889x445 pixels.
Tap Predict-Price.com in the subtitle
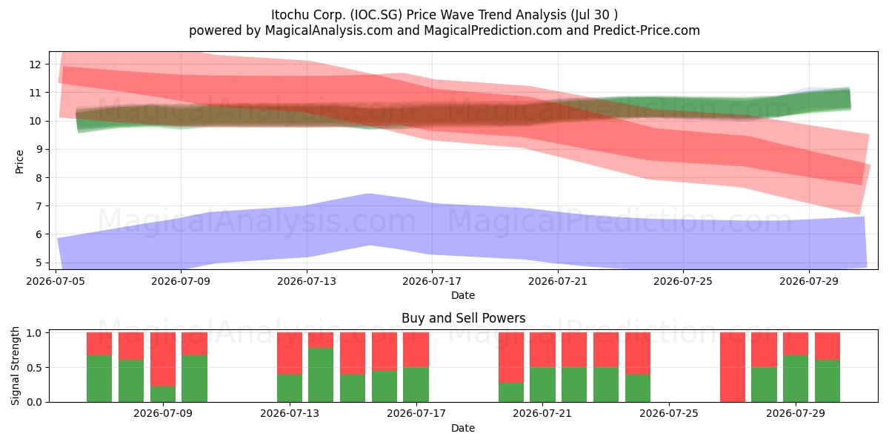point(647,30)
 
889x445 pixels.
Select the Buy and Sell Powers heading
point(463,318)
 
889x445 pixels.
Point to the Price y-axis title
point(19,162)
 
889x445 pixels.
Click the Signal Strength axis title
point(15,366)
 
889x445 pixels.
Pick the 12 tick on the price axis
point(35,65)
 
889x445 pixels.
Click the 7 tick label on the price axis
point(38,206)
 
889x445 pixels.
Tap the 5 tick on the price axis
point(38,263)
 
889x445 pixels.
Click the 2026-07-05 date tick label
point(56,281)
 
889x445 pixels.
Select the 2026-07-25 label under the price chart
point(683,281)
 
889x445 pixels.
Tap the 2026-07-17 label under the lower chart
point(416,413)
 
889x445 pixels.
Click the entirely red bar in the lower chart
point(733,367)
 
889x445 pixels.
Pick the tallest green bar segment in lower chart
point(321,375)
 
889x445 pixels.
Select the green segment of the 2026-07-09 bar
point(163,394)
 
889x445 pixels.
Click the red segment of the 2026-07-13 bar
point(290,354)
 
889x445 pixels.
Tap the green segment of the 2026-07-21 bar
point(542,385)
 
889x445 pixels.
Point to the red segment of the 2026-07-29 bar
point(796,343)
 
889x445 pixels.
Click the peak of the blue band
point(369,194)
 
